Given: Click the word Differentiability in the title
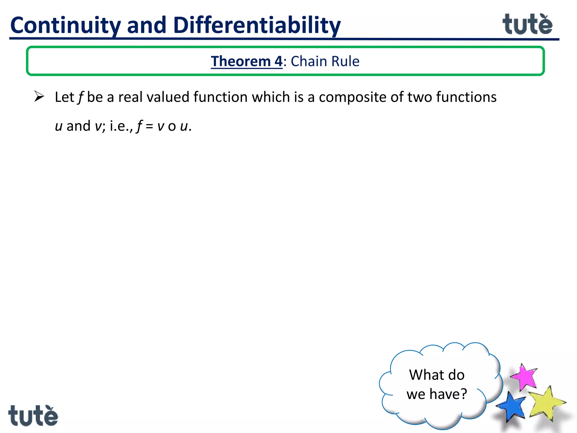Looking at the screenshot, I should point(257,25).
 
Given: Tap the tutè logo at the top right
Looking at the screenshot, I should point(527,25).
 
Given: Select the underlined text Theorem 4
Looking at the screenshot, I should point(247,61).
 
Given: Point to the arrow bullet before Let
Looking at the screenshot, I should point(39,96).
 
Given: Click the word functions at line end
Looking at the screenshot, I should point(466,97).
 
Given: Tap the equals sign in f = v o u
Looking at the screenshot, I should point(150,126).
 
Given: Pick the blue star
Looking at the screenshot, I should point(511,406).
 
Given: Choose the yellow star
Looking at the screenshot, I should point(545,403).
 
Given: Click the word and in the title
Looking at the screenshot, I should point(147,25).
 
